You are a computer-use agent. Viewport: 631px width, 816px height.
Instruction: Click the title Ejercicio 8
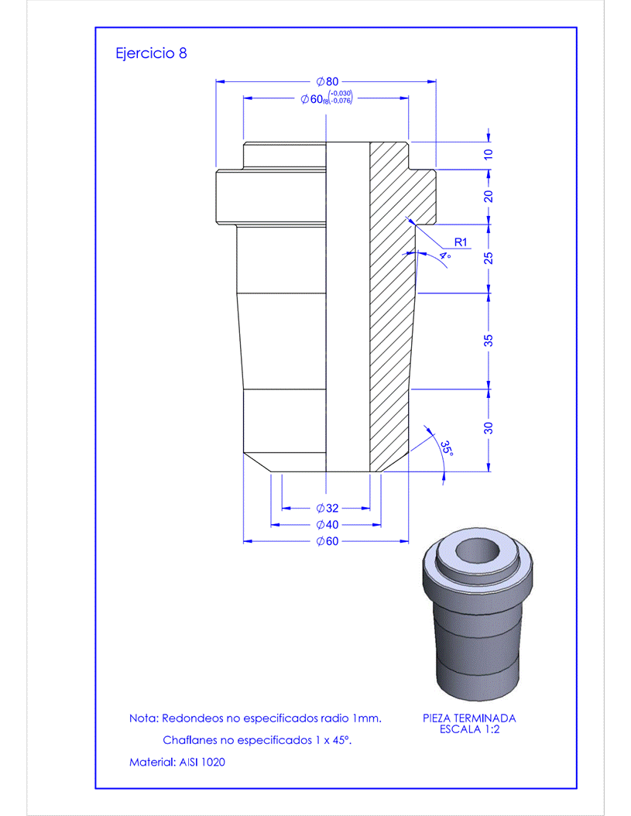(150, 53)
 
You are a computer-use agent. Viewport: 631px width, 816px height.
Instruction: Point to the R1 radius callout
(461, 242)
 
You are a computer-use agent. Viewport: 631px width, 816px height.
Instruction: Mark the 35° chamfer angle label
(447, 448)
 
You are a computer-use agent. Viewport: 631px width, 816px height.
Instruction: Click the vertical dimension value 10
(489, 155)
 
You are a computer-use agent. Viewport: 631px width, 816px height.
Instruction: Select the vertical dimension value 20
(489, 196)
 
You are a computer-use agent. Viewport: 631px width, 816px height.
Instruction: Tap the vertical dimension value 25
(489, 258)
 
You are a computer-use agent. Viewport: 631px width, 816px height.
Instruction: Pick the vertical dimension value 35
(489, 341)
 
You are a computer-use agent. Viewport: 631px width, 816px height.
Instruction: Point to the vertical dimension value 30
(489, 428)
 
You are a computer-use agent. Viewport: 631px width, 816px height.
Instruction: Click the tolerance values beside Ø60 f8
(341, 97)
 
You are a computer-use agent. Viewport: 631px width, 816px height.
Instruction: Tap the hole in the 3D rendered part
(477, 552)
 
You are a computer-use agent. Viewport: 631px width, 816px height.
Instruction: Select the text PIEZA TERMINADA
(469, 718)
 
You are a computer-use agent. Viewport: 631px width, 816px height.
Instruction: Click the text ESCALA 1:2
(469, 729)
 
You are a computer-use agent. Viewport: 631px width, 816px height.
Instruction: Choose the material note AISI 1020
(177, 763)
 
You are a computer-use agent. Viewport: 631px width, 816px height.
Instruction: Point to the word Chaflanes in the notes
(190, 741)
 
